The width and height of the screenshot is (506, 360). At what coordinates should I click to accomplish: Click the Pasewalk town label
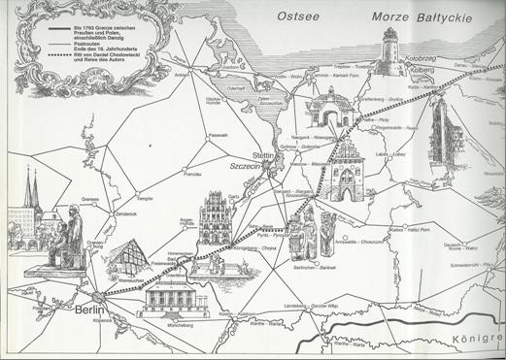pos(218,135)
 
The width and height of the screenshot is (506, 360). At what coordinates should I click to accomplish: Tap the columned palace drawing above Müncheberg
pos(172,301)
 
